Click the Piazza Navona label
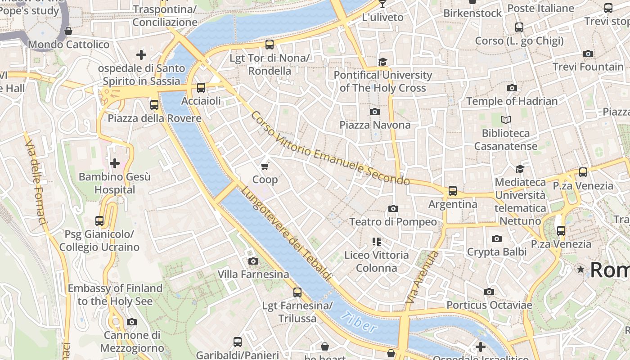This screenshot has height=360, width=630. (375, 125)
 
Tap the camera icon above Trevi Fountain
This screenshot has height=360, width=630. (588, 54)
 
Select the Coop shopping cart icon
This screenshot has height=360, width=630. (265, 166)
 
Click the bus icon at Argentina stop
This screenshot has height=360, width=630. (453, 191)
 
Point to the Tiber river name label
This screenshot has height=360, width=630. (358, 322)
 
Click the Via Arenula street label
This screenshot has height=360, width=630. (422, 277)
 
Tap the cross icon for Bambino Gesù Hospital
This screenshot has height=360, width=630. (115, 163)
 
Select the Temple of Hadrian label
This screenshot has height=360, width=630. (512, 101)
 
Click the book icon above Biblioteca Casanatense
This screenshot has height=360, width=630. (506, 120)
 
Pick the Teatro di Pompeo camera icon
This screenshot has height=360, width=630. (393, 208)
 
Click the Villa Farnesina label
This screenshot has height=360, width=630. (253, 274)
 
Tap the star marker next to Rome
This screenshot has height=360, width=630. (581, 269)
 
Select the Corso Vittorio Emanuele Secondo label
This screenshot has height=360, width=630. (330, 148)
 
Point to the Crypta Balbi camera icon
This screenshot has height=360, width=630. (497, 238)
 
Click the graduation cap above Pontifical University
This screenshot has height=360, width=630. (382, 62)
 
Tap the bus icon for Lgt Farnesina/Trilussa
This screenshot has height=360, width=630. (297, 292)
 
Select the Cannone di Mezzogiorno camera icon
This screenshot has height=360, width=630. (132, 322)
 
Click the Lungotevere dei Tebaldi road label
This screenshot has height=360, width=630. (286, 233)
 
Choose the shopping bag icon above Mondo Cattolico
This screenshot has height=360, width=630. (68, 31)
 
